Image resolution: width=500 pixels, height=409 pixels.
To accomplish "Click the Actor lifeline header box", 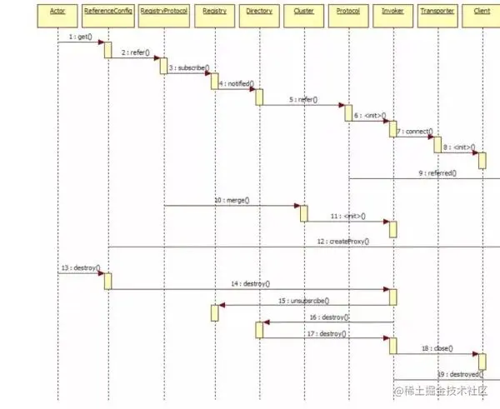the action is tap(58, 12).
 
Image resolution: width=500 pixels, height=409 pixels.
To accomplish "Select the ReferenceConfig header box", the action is tap(108, 12).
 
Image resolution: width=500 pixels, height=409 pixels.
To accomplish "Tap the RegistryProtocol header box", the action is tap(164, 12).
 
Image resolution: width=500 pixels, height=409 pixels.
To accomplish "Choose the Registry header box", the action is tap(214, 12).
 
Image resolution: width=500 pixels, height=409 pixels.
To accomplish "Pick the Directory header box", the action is tap(259, 12).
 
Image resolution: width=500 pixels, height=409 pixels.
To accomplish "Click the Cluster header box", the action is tap(303, 12).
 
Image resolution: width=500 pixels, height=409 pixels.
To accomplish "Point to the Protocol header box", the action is tap(348, 12).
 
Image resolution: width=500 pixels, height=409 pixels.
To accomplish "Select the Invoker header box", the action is tap(392, 12).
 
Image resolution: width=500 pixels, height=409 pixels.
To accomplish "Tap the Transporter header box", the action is tap(437, 12).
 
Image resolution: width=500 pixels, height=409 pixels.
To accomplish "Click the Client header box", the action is tap(482, 12).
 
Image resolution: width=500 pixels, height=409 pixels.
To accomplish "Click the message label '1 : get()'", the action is tap(79, 37).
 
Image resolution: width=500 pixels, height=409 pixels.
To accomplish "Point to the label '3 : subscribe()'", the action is tap(189, 67).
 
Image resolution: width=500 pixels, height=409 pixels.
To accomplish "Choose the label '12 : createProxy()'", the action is tap(342, 241).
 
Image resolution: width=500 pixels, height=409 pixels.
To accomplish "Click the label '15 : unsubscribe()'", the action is tap(303, 300).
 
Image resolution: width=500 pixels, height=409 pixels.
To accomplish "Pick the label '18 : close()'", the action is tap(436, 347).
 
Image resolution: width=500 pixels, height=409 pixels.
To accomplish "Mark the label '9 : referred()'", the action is tap(437, 172).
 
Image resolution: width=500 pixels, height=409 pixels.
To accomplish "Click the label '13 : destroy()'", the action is tap(81, 268).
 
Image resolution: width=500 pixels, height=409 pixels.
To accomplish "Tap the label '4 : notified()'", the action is tap(237, 83).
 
